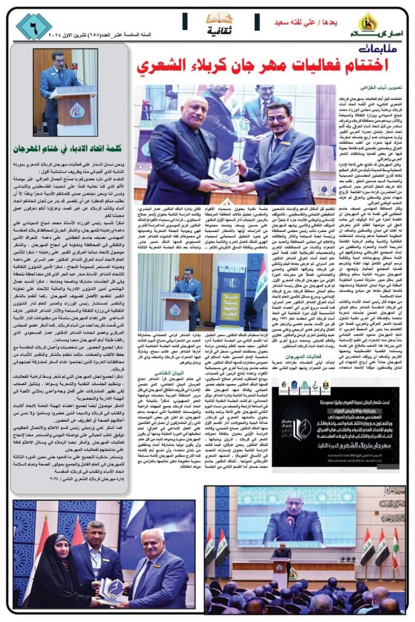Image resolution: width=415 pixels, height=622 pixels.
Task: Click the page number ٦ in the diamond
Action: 34,27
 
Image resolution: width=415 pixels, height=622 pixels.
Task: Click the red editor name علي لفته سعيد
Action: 295,22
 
